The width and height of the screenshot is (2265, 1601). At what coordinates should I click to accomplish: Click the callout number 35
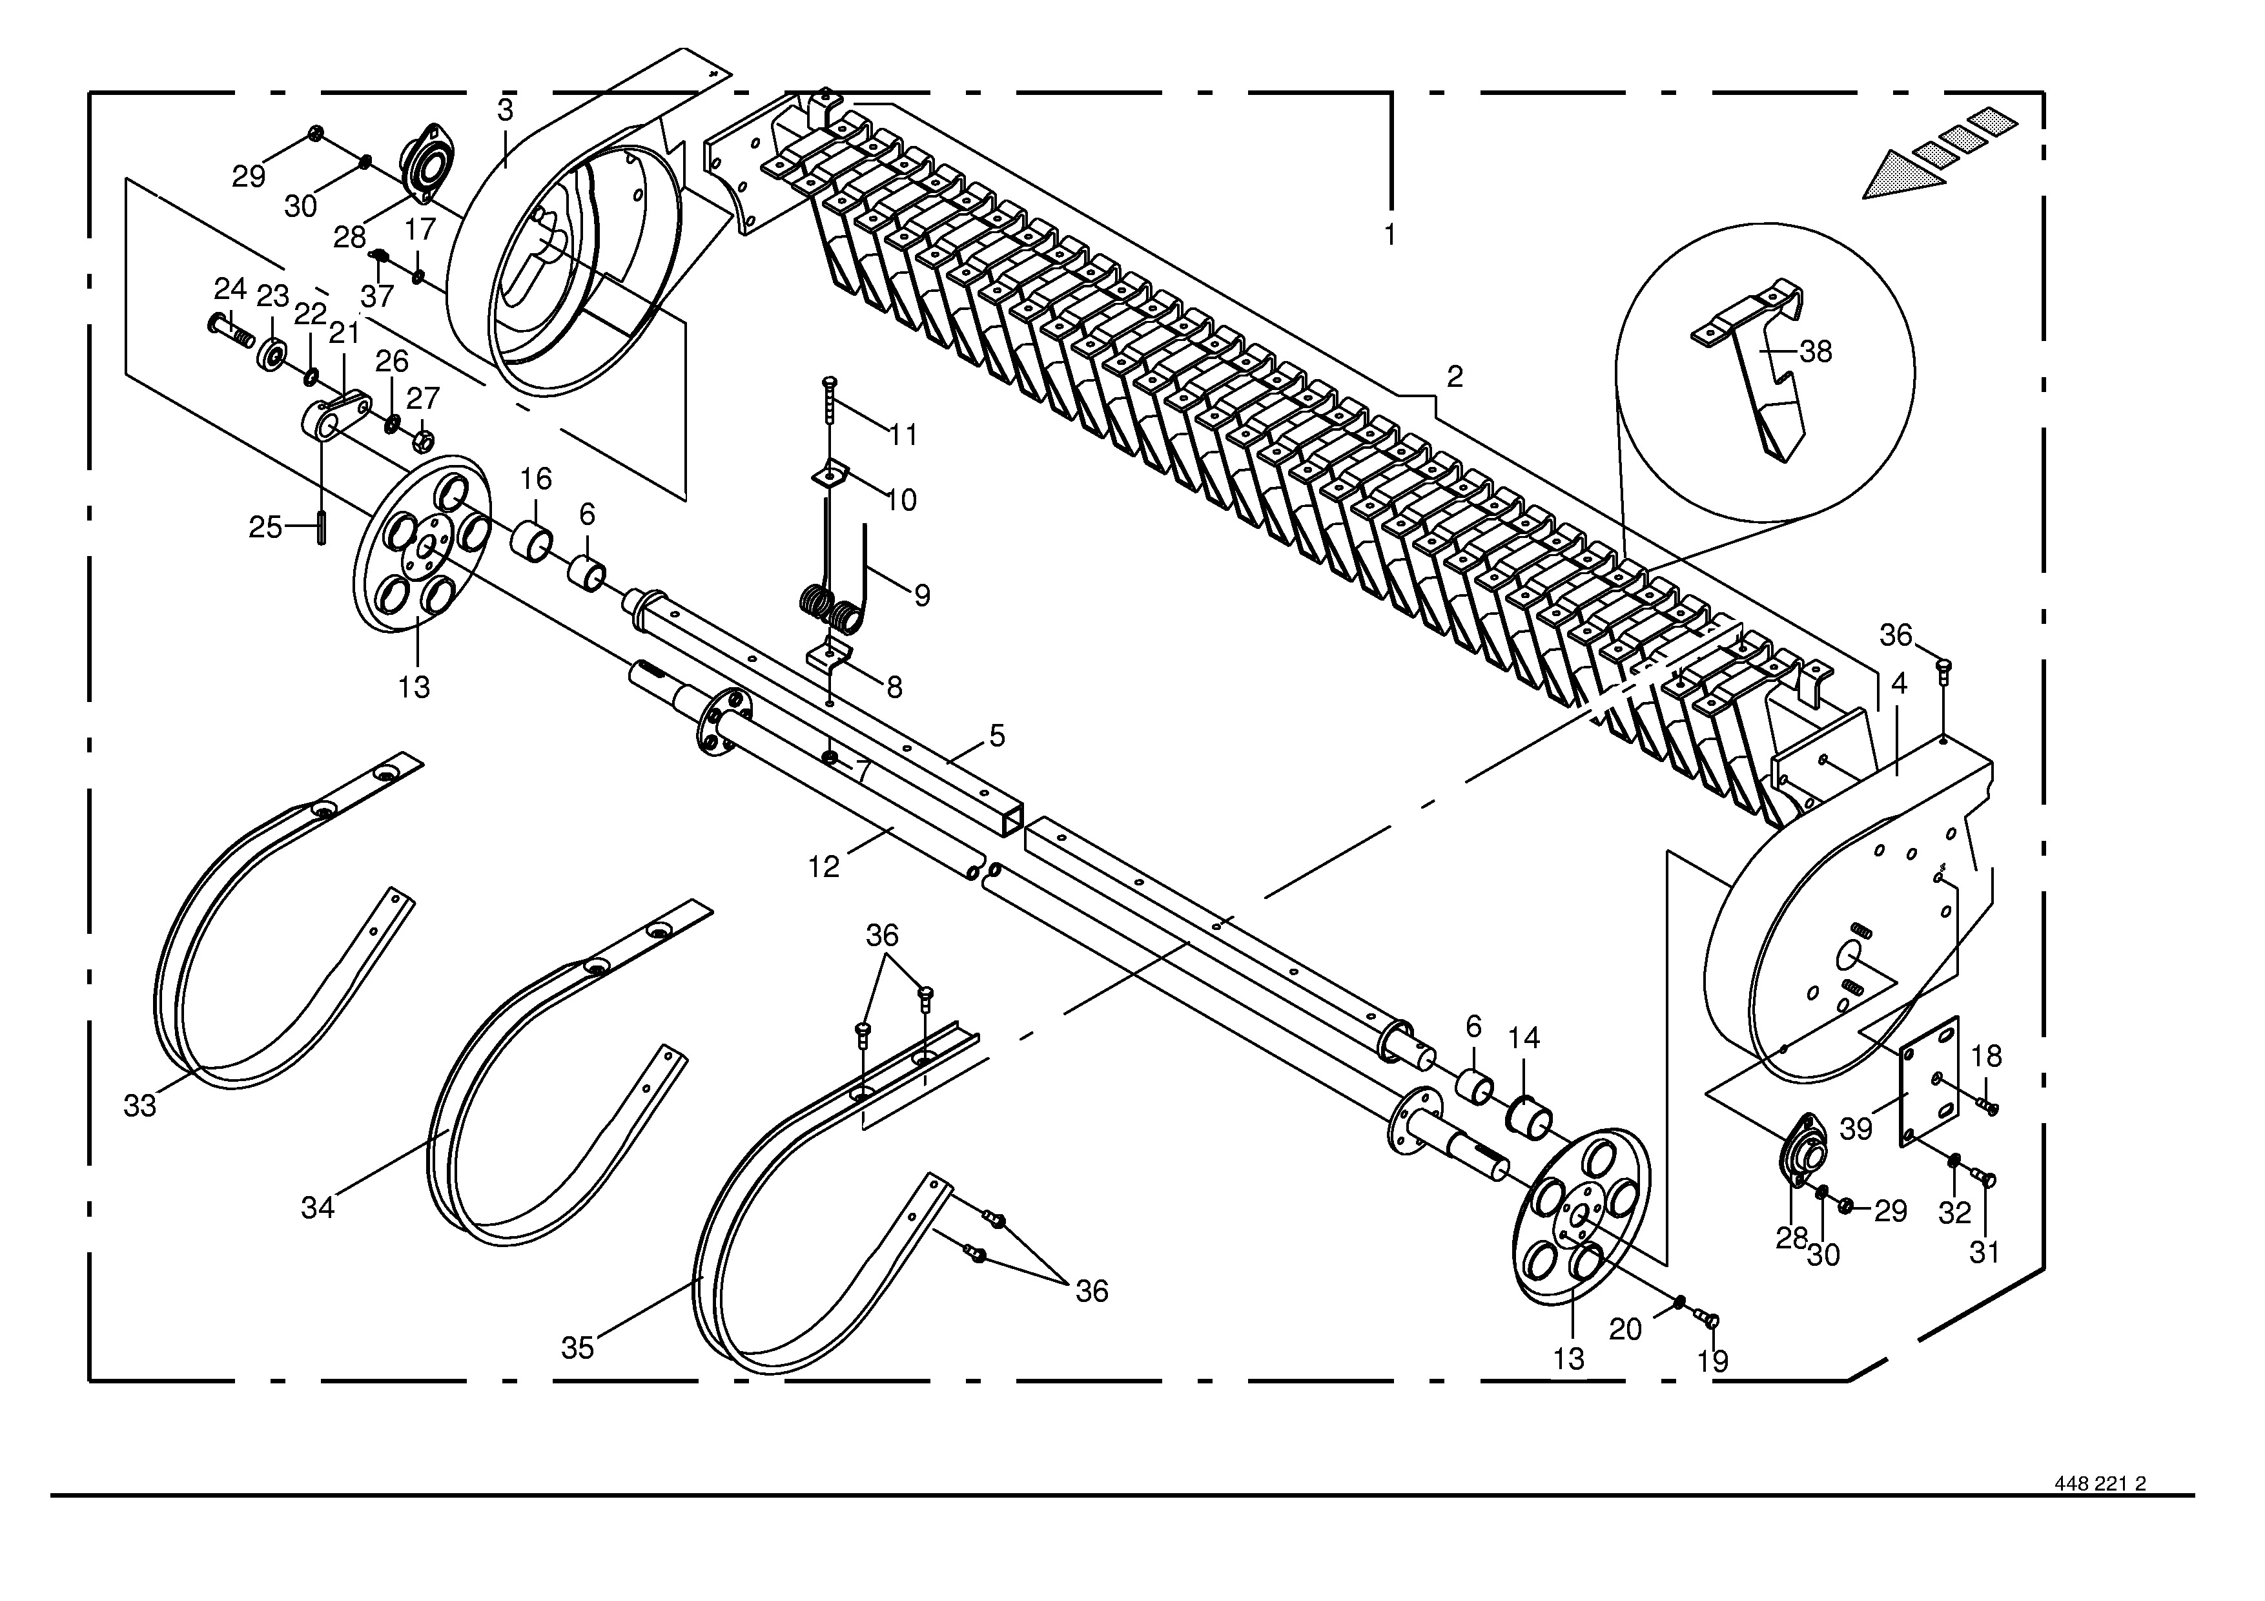click(x=578, y=1347)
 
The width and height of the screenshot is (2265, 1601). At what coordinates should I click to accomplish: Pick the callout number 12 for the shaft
click(x=824, y=867)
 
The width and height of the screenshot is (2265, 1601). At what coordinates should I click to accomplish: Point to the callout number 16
click(x=536, y=479)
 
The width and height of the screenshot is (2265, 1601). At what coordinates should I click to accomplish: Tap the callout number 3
click(x=505, y=110)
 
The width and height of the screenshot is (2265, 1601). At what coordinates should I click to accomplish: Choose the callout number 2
click(x=1454, y=376)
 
